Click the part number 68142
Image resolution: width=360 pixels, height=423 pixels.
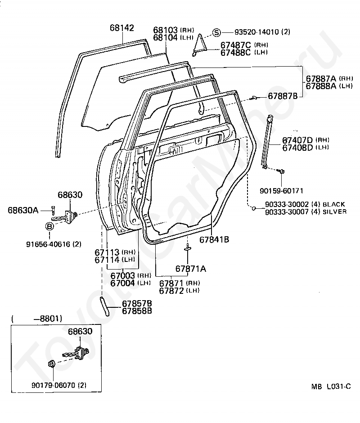tap(121, 28)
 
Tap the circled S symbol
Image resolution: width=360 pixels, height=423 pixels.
tap(216, 32)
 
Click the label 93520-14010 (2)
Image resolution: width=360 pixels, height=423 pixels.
tap(262, 32)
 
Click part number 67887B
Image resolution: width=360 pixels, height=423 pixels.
tap(283, 96)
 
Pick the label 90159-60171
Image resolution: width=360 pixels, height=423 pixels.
tap(281, 191)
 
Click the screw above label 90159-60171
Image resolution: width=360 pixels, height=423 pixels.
tap(281, 171)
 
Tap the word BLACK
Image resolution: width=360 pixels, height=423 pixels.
tap(334, 204)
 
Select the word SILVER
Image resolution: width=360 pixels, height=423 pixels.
tap(335, 212)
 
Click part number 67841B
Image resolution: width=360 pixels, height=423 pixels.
tap(214, 239)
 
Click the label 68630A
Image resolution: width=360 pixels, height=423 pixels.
tap(23, 210)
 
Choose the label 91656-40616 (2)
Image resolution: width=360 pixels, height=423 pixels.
tap(54, 244)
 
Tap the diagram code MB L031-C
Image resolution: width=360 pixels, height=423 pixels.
tap(331, 386)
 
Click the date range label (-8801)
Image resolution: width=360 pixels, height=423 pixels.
tap(37, 319)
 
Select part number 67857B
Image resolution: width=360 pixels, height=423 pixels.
tap(137, 303)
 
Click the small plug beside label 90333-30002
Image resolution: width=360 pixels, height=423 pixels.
tap(253, 208)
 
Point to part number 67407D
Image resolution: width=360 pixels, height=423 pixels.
tap(297, 140)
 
